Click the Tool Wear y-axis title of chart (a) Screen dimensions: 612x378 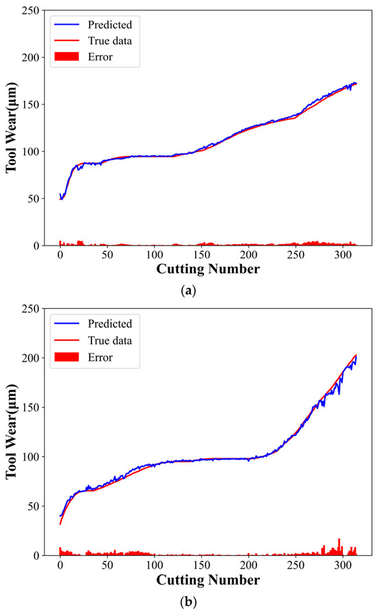pyautogui.click(x=13, y=128)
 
